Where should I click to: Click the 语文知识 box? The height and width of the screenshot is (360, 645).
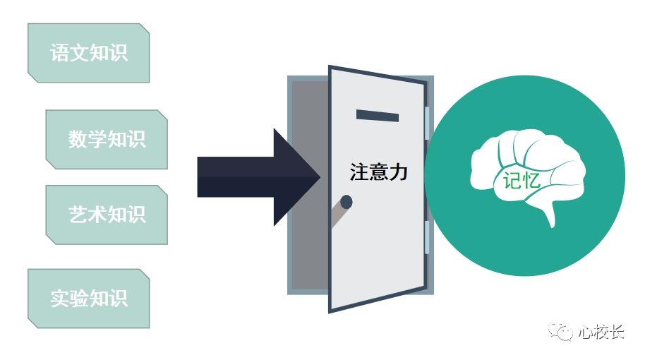(88, 53)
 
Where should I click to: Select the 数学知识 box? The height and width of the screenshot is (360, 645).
(107, 139)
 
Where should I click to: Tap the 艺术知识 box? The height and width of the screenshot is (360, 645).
(107, 215)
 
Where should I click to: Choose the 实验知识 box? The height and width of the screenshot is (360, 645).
(88, 298)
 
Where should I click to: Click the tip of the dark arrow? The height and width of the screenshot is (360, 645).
(318, 176)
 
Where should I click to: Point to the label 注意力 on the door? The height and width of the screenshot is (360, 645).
(379, 172)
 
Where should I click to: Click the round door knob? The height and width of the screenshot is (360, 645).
(346, 203)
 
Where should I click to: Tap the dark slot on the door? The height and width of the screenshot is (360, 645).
(378, 116)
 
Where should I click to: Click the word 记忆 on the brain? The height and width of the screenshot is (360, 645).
(522, 181)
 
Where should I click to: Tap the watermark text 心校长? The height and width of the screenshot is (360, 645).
(601, 332)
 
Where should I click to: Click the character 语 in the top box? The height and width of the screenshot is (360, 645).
(59, 53)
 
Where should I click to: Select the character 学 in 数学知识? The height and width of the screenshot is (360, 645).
(97, 139)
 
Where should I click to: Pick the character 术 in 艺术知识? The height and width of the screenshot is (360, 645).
(97, 215)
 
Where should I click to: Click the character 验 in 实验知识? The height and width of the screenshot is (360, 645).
(78, 298)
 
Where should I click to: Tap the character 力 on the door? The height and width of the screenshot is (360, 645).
(399, 172)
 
